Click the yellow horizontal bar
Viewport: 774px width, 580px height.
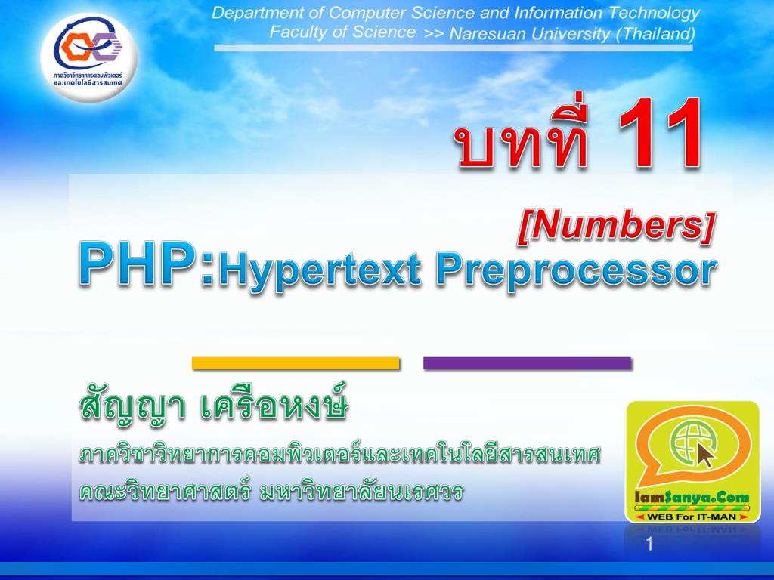pyautogui.click(x=296, y=363)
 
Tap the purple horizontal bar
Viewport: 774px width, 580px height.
pyautogui.click(x=527, y=363)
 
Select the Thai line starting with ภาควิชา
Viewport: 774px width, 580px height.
pyautogui.click(x=339, y=456)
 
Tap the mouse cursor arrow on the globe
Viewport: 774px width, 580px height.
pyautogui.click(x=705, y=455)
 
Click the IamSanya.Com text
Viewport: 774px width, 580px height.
pyautogui.click(x=692, y=498)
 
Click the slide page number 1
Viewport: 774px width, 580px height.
pyautogui.click(x=649, y=545)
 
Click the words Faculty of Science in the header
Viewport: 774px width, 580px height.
pyautogui.click(x=342, y=32)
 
